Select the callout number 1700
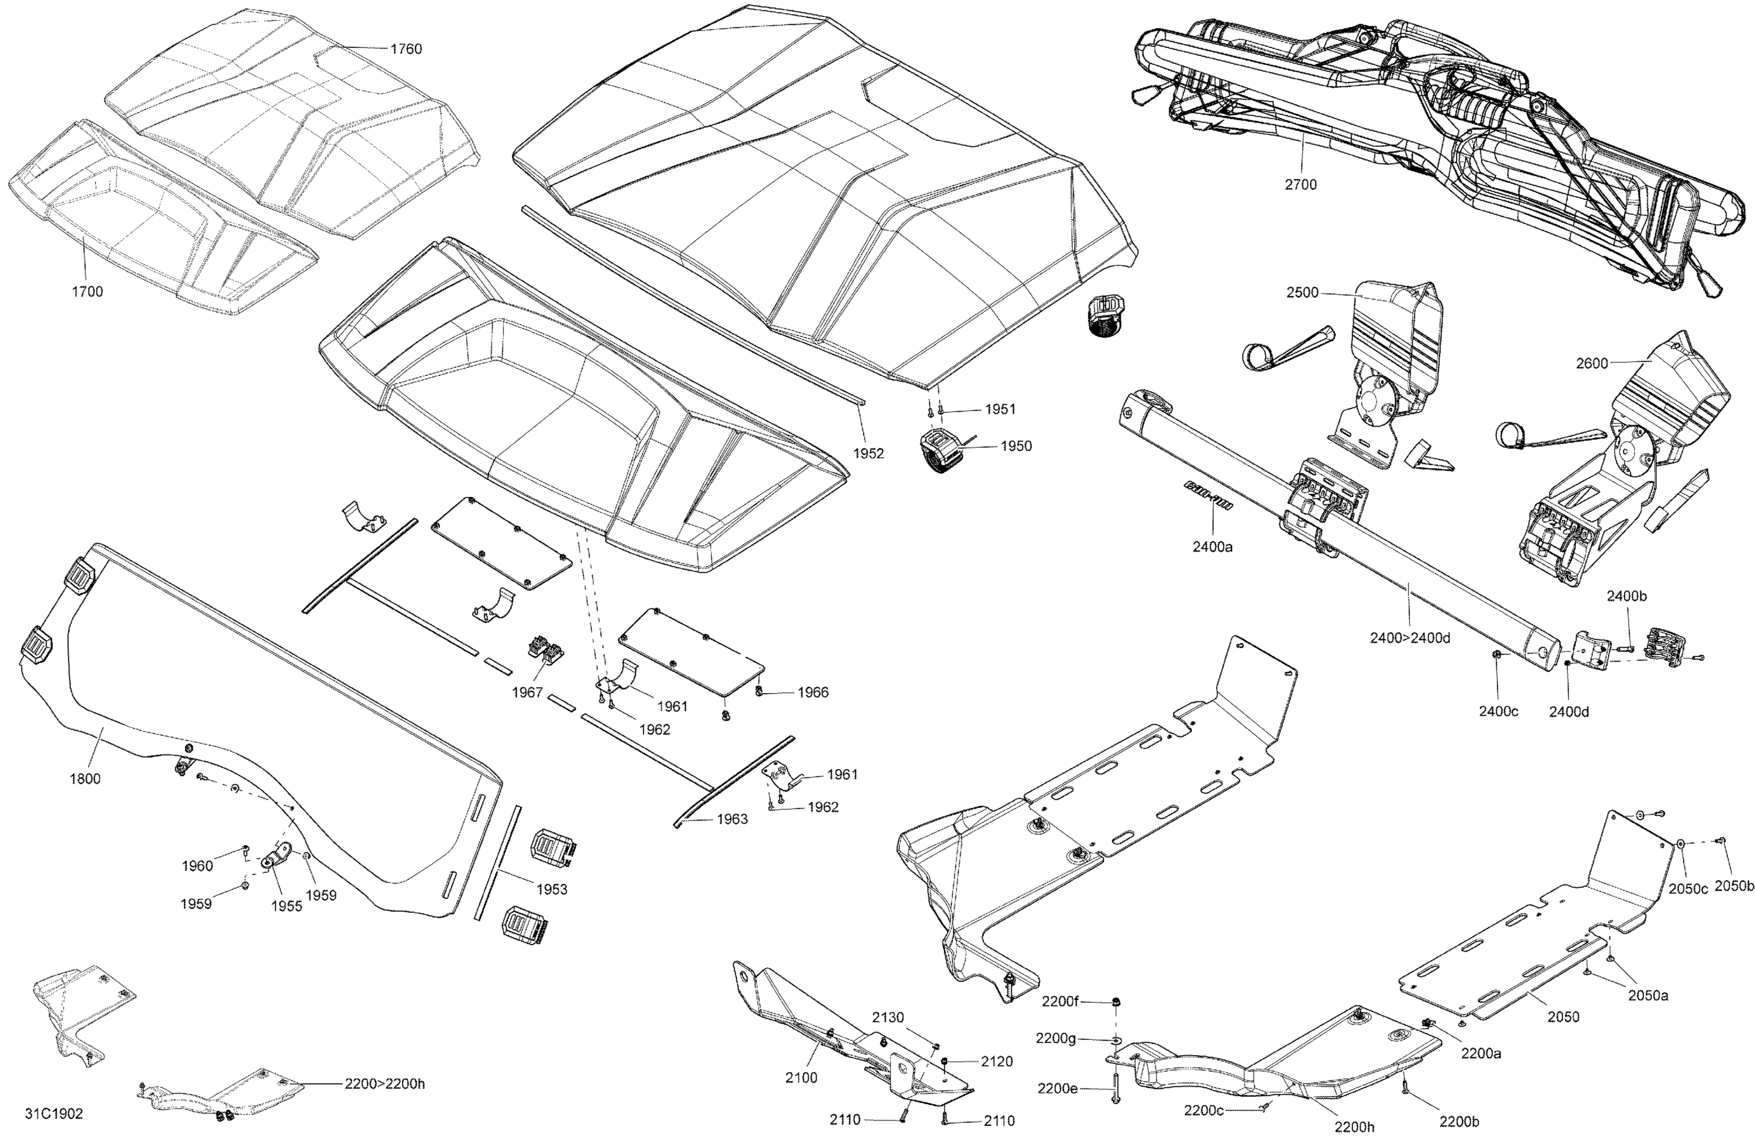pyautogui.click(x=87, y=291)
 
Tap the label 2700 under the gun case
pyautogui.click(x=1301, y=185)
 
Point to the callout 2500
pyautogui.click(x=1302, y=292)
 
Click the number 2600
pyautogui.click(x=1592, y=364)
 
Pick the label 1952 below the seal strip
pyautogui.click(x=869, y=453)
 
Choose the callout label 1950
pyautogui.click(x=1016, y=446)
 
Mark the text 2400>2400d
pyautogui.click(x=1410, y=639)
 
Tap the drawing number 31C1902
pyautogui.click(x=54, y=1114)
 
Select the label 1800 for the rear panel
pyautogui.click(x=85, y=778)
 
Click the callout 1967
pyautogui.click(x=527, y=692)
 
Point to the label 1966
pyautogui.click(x=813, y=692)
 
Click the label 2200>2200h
pyautogui.click(x=384, y=1084)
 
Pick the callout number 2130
pyautogui.click(x=888, y=1018)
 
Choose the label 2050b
pyautogui.click(x=1733, y=886)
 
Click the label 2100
pyautogui.click(x=801, y=1078)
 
